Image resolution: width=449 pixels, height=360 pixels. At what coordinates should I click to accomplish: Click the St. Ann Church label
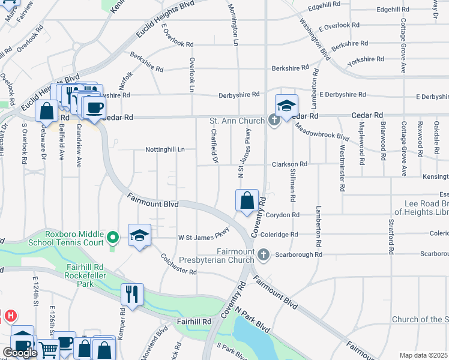[x=237, y=121]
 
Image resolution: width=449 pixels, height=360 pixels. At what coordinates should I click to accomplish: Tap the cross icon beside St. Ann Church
[x=274, y=121]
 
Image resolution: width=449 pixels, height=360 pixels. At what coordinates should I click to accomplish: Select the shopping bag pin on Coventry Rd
[x=247, y=201]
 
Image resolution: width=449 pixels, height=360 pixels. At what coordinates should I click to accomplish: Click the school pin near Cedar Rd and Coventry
[x=286, y=106]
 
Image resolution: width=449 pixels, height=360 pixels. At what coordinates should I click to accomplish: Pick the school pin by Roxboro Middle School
[x=139, y=235]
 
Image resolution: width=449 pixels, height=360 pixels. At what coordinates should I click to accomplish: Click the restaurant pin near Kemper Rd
[x=131, y=294]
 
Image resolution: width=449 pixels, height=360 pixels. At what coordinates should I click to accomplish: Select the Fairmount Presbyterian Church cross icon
[x=262, y=256]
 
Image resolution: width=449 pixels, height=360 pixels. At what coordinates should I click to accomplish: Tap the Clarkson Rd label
[x=290, y=164]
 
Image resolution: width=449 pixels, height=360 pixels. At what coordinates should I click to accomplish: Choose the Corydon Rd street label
[x=286, y=215]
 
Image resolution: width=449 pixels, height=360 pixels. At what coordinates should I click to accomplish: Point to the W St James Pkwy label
[x=204, y=234]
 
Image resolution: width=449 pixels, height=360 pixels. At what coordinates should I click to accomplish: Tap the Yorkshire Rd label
[x=366, y=59]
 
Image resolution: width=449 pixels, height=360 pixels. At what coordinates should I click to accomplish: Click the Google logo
[x=20, y=353]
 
